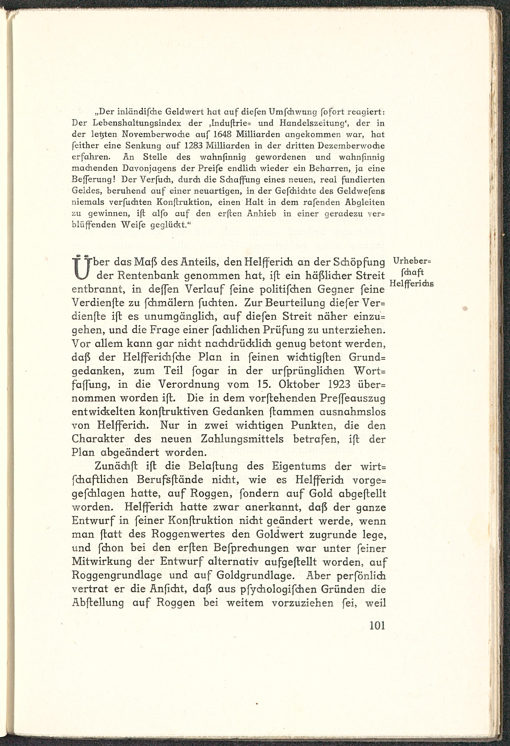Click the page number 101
377,626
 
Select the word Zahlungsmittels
246,439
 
